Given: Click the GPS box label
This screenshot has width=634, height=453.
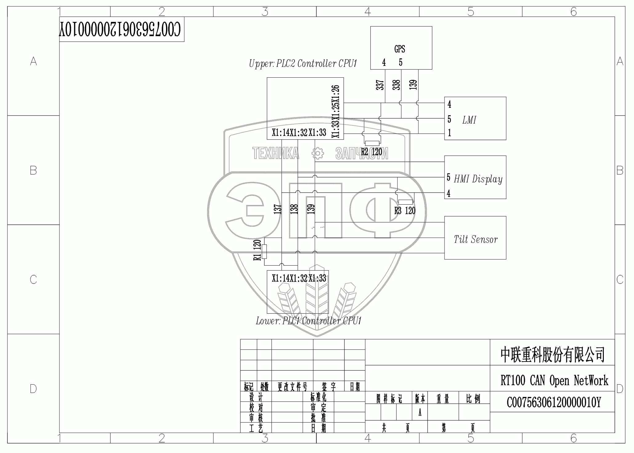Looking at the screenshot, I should (x=400, y=49).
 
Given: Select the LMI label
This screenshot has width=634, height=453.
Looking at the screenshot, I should (x=469, y=120).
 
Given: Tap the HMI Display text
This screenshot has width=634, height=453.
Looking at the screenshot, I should (x=478, y=179).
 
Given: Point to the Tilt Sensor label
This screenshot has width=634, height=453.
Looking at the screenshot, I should (x=475, y=239).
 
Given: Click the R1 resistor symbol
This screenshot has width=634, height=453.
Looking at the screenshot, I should (x=264, y=252).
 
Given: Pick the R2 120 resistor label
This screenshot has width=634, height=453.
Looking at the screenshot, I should (x=372, y=152).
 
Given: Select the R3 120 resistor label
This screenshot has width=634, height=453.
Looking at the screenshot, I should (x=405, y=211).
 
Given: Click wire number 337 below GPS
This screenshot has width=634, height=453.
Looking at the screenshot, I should (x=380, y=85).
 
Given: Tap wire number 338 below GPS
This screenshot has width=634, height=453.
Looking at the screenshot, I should (x=396, y=85).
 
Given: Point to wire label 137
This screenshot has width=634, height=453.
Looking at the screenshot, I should (x=278, y=209).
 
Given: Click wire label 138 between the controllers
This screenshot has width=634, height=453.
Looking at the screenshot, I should (x=294, y=209).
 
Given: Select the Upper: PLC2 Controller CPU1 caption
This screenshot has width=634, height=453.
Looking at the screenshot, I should (x=303, y=64).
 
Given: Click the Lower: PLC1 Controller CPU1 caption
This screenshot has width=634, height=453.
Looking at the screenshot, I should (x=308, y=321).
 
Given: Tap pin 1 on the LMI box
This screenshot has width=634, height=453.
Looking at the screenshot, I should (x=449, y=133).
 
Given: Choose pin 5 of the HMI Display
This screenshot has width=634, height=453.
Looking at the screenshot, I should (x=449, y=177).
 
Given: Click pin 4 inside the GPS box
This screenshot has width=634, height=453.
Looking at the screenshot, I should (x=384, y=63).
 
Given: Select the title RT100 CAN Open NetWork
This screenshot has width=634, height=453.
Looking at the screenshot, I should (x=554, y=381).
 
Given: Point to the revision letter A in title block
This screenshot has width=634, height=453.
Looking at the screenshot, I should (x=420, y=413).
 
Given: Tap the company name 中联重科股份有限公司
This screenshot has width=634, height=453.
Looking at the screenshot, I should (x=552, y=355).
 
